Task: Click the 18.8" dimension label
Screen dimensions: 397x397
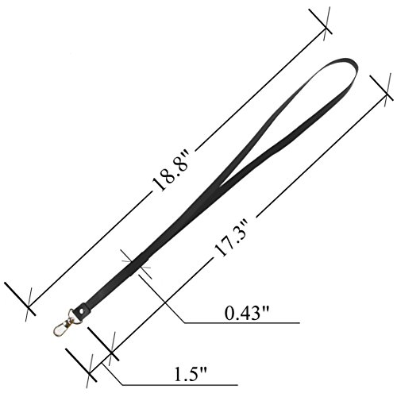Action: [x=171, y=170]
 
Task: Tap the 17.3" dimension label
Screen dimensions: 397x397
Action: [x=232, y=238]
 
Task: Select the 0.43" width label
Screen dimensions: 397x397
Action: [x=247, y=313]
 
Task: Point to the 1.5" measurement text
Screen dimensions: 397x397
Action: [x=191, y=373]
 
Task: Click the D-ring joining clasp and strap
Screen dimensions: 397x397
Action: [x=74, y=317]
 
